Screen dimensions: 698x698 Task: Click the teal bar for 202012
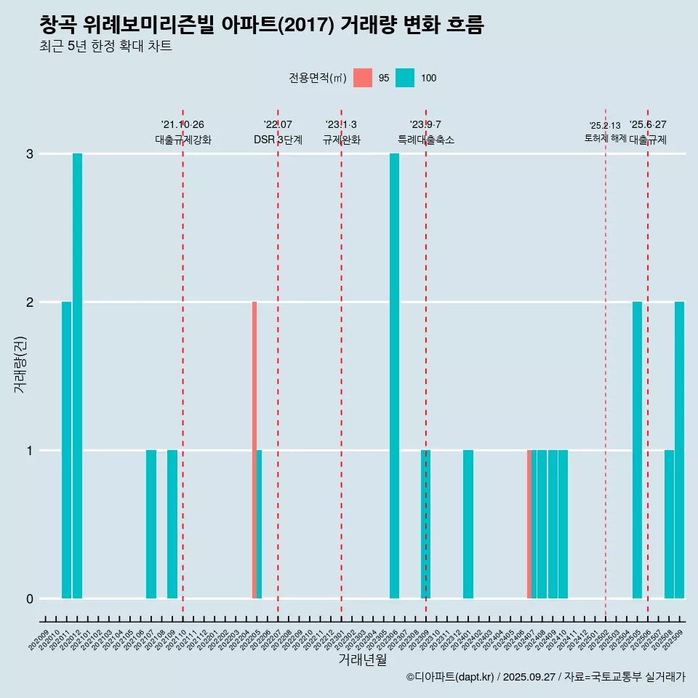77,376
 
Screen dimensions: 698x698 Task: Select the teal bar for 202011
67,450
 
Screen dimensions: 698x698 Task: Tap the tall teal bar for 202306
394,376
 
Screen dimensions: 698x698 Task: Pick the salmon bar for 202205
254,450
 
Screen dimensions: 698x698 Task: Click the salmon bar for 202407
529,524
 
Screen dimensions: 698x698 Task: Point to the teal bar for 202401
468,524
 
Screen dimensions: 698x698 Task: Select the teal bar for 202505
637,450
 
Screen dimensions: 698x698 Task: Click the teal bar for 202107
151,524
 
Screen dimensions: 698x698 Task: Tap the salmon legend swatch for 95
363,78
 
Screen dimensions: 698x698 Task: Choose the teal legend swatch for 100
405,78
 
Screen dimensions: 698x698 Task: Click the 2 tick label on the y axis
30,302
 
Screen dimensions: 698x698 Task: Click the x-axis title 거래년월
362,660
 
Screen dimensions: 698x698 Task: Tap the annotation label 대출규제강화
183,140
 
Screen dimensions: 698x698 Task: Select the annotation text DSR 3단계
278,140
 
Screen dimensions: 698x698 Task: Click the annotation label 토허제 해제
606,138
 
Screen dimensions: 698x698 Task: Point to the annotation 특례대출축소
426,140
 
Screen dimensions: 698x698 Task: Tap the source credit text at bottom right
545,678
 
